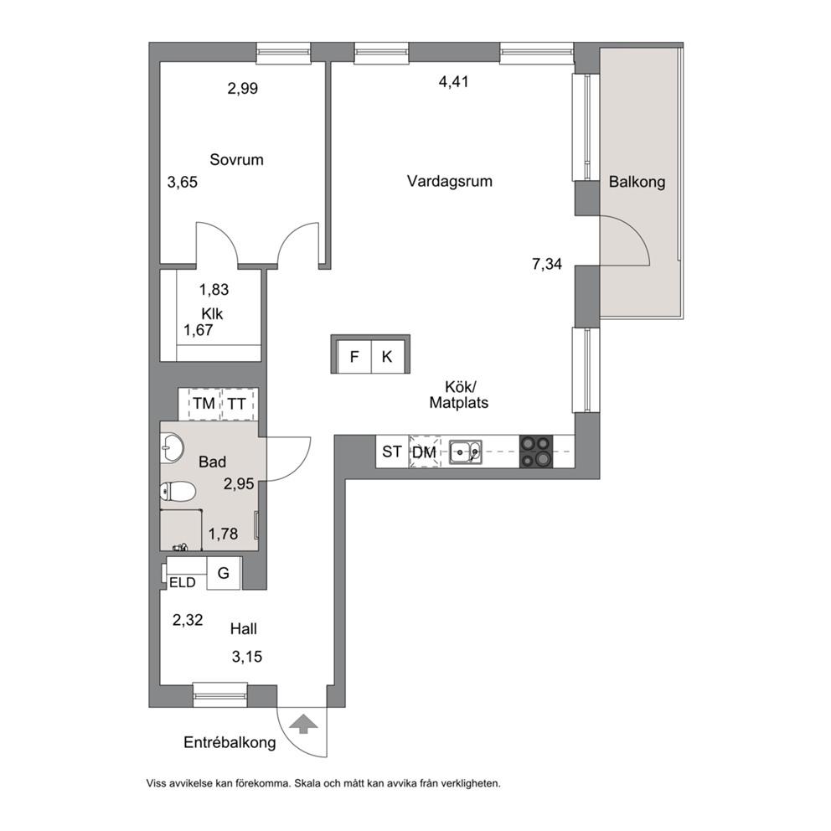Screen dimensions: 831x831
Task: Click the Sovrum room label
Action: (x=236, y=159)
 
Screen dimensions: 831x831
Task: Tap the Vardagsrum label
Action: (x=449, y=181)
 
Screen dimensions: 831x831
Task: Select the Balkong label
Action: (x=637, y=182)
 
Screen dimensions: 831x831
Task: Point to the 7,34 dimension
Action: (x=547, y=263)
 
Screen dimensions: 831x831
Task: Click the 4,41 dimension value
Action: (x=454, y=81)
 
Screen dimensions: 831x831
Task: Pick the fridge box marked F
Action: (x=354, y=356)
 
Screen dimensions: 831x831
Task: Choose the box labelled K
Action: (x=387, y=356)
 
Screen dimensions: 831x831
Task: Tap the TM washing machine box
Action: (x=204, y=404)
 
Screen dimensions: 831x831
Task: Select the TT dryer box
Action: (x=237, y=404)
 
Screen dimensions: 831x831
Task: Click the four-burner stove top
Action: (x=536, y=452)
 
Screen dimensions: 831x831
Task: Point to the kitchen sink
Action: (x=465, y=452)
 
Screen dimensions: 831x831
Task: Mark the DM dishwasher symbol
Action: (x=424, y=452)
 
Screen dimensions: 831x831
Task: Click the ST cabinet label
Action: (x=392, y=452)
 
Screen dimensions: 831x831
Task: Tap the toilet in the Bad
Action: (x=178, y=491)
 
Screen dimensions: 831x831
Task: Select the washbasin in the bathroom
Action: (x=172, y=447)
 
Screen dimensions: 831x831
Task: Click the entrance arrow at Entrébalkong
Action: (x=303, y=724)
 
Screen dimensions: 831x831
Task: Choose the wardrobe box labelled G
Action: (x=224, y=573)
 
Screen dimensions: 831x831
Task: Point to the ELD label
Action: (x=183, y=583)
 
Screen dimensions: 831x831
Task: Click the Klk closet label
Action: (x=212, y=314)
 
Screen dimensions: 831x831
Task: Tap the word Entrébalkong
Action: (x=230, y=742)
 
